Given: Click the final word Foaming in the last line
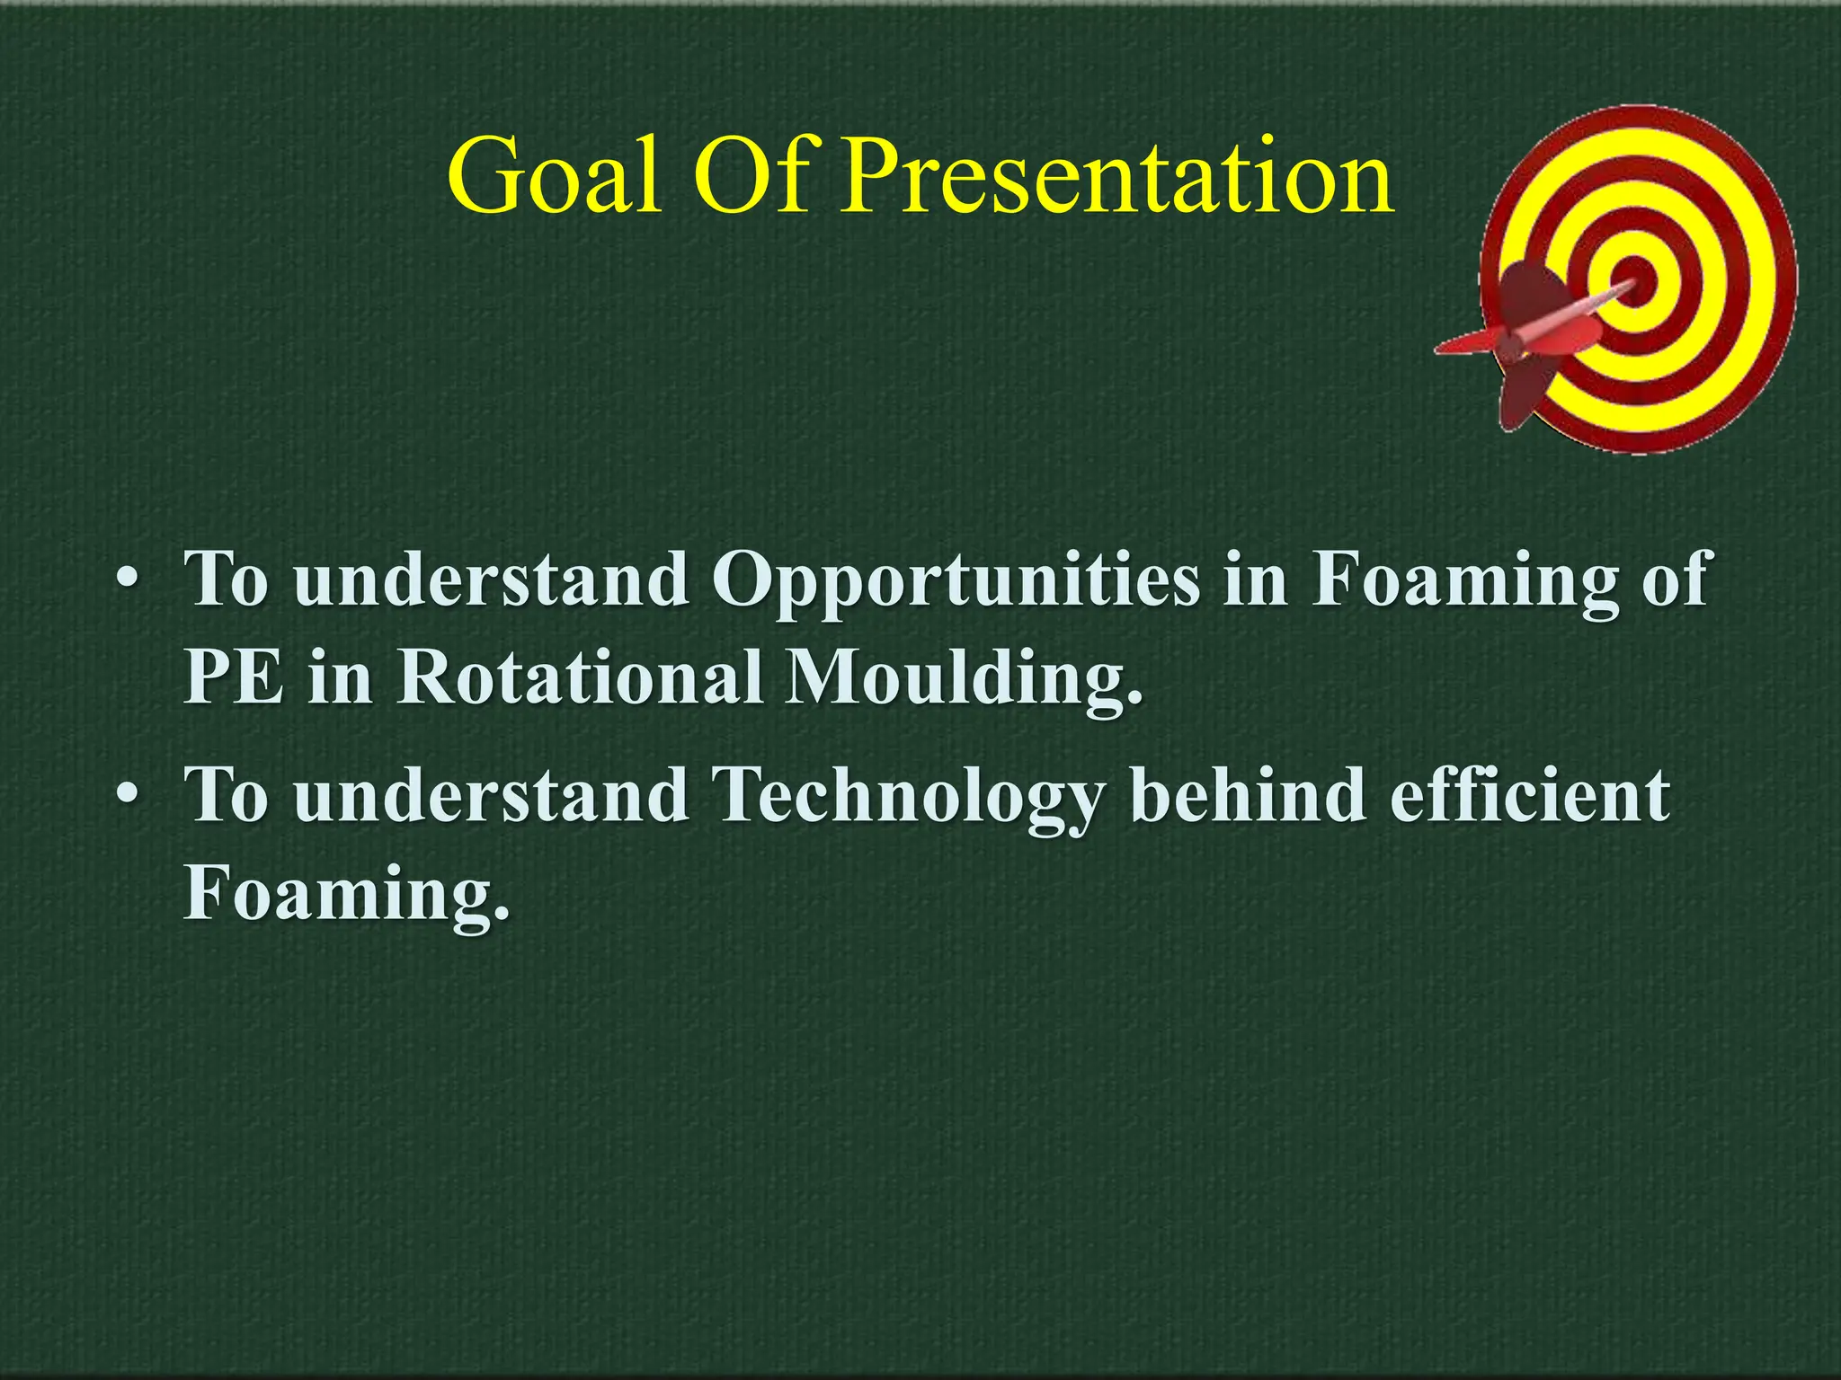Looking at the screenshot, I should point(346,896).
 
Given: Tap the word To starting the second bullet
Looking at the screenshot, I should point(226,795).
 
